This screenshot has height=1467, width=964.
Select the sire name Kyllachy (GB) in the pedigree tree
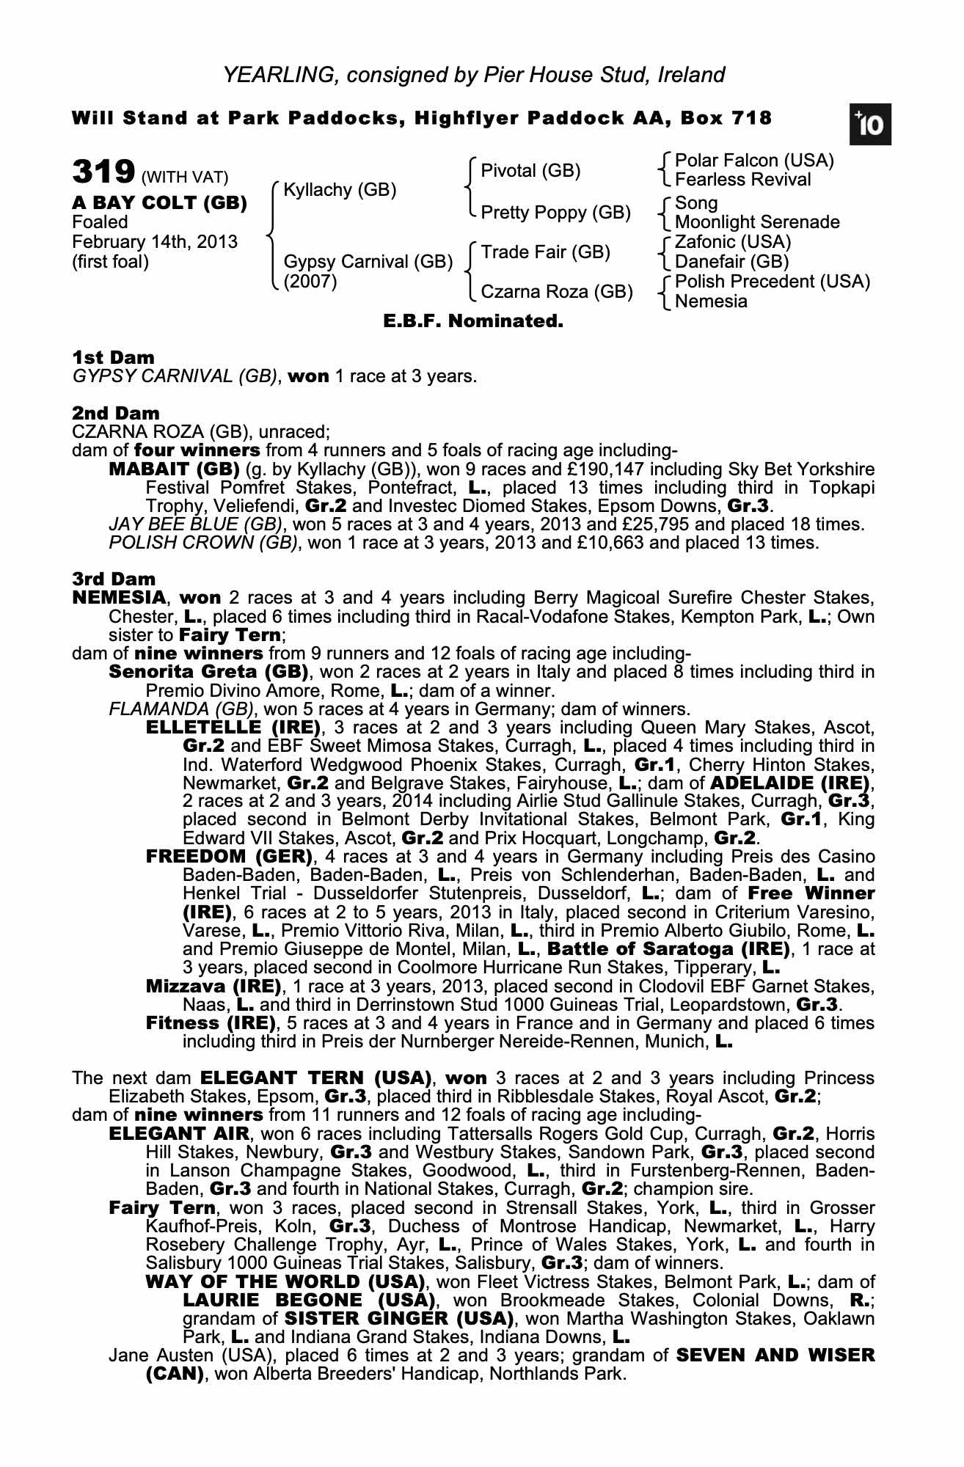(x=340, y=190)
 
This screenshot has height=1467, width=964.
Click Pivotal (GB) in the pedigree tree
(x=530, y=171)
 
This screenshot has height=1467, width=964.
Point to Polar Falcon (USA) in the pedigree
(x=754, y=161)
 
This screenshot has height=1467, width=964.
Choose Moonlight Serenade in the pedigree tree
(x=757, y=222)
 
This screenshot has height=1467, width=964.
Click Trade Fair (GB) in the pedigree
(x=546, y=252)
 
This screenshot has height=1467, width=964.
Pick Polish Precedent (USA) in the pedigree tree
(x=773, y=282)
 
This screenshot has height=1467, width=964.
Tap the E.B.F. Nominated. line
(x=473, y=321)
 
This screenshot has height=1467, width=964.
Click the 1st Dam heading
(x=114, y=358)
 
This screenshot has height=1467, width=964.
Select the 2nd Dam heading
(x=116, y=414)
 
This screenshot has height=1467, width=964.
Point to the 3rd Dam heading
(x=114, y=579)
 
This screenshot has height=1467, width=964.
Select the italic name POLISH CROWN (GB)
(x=203, y=543)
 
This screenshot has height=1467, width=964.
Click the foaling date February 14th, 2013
(x=155, y=242)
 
